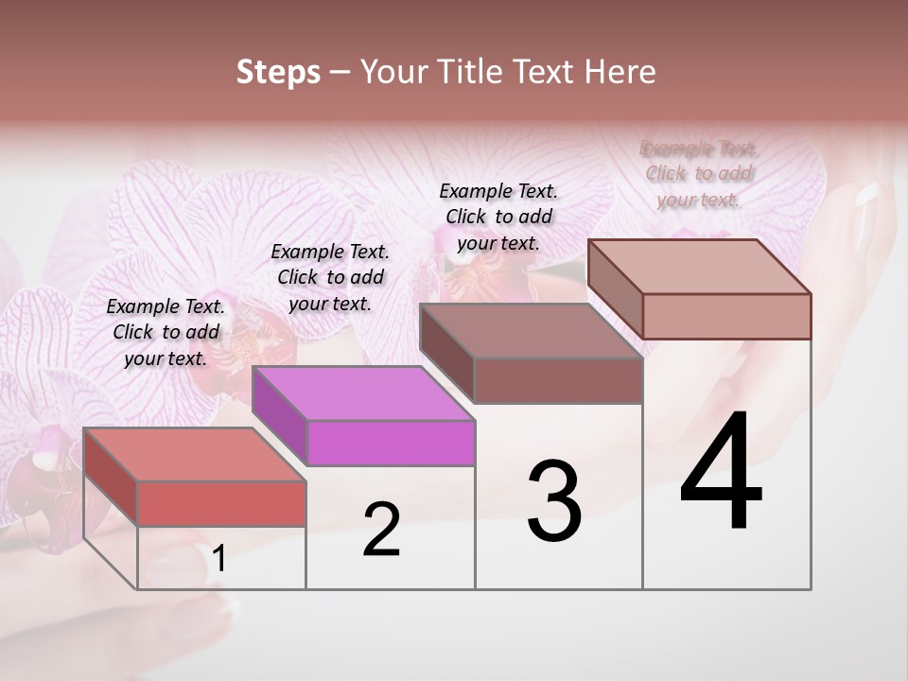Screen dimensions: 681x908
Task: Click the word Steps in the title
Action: coord(277,72)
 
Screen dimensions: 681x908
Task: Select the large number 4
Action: coord(721,473)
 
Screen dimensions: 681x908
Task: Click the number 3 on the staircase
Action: coord(554,501)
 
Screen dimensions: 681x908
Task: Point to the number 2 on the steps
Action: coord(381,531)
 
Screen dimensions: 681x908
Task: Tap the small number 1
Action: coord(218,560)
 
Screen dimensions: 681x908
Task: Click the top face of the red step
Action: coord(194,455)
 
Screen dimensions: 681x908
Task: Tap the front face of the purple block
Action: coord(391,443)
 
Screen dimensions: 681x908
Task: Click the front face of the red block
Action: coord(221,503)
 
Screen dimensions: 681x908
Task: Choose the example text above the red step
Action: coord(166,332)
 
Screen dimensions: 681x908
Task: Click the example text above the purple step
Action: coord(330,277)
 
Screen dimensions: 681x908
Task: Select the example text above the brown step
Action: coord(498,217)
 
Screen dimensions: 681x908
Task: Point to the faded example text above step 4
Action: coord(699,173)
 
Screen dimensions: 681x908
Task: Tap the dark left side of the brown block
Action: coord(446,353)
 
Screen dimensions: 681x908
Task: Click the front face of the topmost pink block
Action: coord(726,315)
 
